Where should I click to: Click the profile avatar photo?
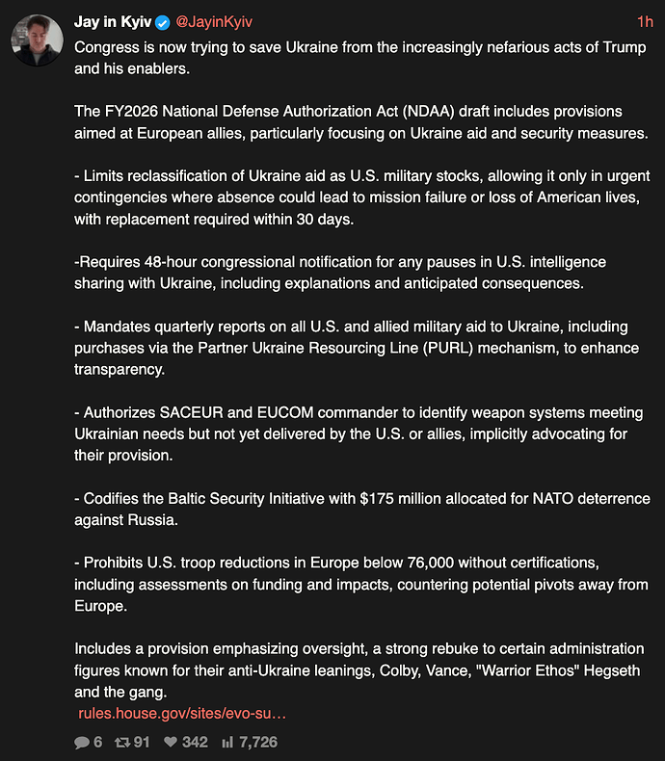(x=38, y=39)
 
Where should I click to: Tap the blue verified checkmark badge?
(x=163, y=22)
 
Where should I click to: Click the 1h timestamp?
(x=645, y=21)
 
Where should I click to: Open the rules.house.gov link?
(x=182, y=713)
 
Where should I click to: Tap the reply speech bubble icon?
(x=82, y=743)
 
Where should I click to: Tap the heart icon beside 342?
(x=170, y=743)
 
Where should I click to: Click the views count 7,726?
(x=257, y=743)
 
